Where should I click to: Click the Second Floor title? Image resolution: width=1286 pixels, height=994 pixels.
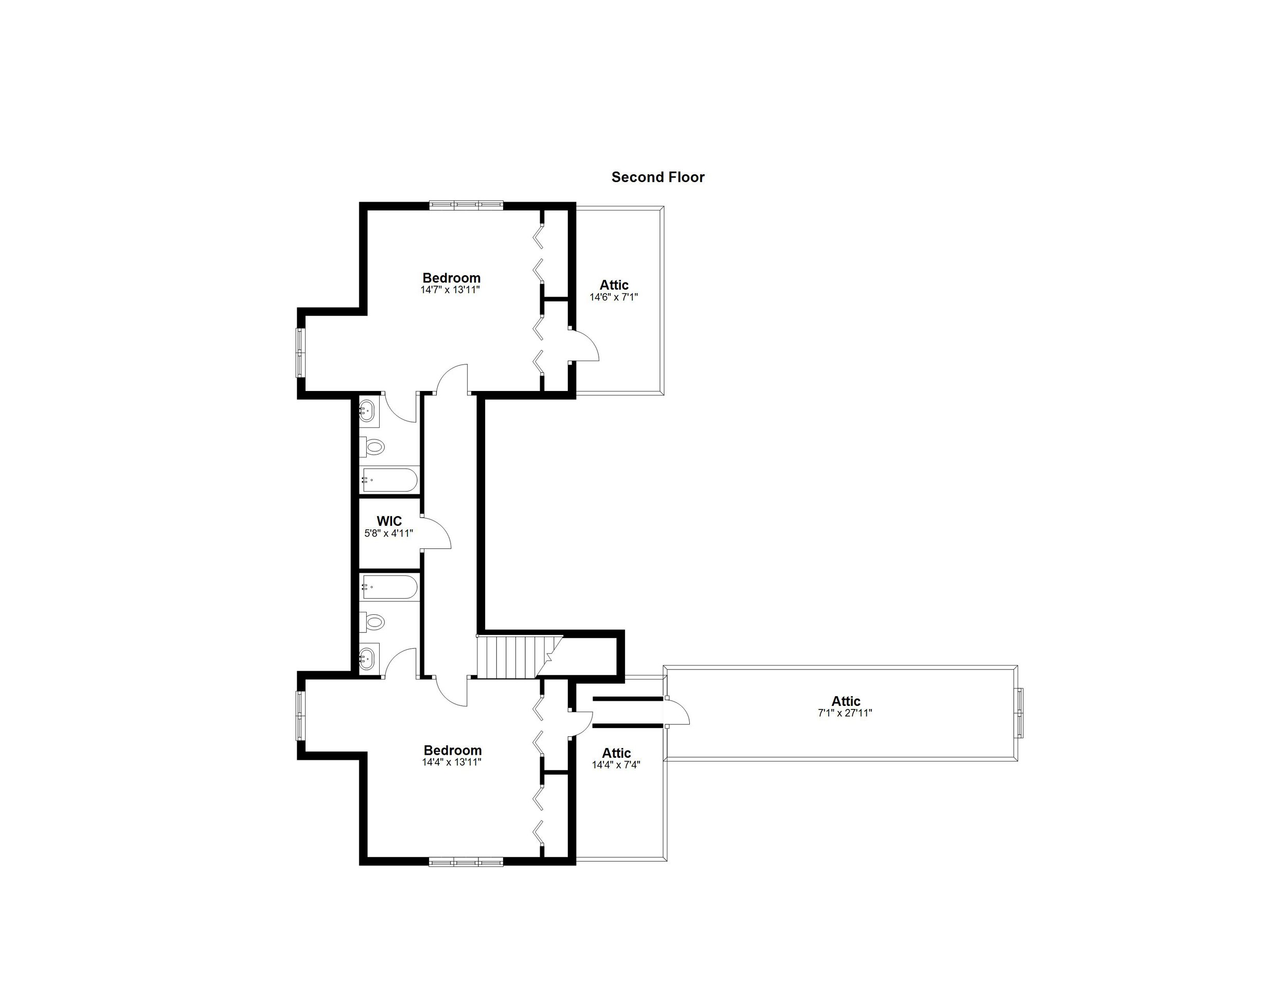click(658, 177)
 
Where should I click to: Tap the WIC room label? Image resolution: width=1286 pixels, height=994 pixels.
click(389, 521)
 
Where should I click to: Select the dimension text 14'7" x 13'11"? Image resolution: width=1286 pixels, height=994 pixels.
click(451, 290)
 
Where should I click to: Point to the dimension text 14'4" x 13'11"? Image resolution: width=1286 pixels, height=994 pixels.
click(452, 762)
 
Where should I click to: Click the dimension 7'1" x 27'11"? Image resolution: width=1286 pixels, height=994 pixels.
click(845, 713)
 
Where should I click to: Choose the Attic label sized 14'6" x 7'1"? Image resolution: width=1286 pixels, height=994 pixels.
click(614, 285)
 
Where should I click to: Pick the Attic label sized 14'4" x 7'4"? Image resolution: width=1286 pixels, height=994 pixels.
click(616, 753)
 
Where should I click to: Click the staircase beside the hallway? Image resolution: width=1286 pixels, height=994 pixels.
click(509, 656)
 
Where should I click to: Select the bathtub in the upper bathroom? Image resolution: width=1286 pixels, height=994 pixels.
click(389, 480)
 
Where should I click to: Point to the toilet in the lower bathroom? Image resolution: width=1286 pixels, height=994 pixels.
click(372, 622)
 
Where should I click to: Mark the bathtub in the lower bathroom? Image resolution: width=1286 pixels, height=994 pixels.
click(389, 587)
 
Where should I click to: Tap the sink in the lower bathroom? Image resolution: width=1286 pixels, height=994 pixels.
click(367, 658)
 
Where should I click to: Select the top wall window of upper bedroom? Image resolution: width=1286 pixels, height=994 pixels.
click(466, 205)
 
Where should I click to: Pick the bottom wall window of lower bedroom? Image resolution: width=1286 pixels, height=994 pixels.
click(466, 863)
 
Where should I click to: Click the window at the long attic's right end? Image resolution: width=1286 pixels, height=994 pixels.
click(1020, 713)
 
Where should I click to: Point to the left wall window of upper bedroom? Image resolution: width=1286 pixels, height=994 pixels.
click(300, 352)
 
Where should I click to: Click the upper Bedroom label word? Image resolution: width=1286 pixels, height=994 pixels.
click(452, 278)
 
